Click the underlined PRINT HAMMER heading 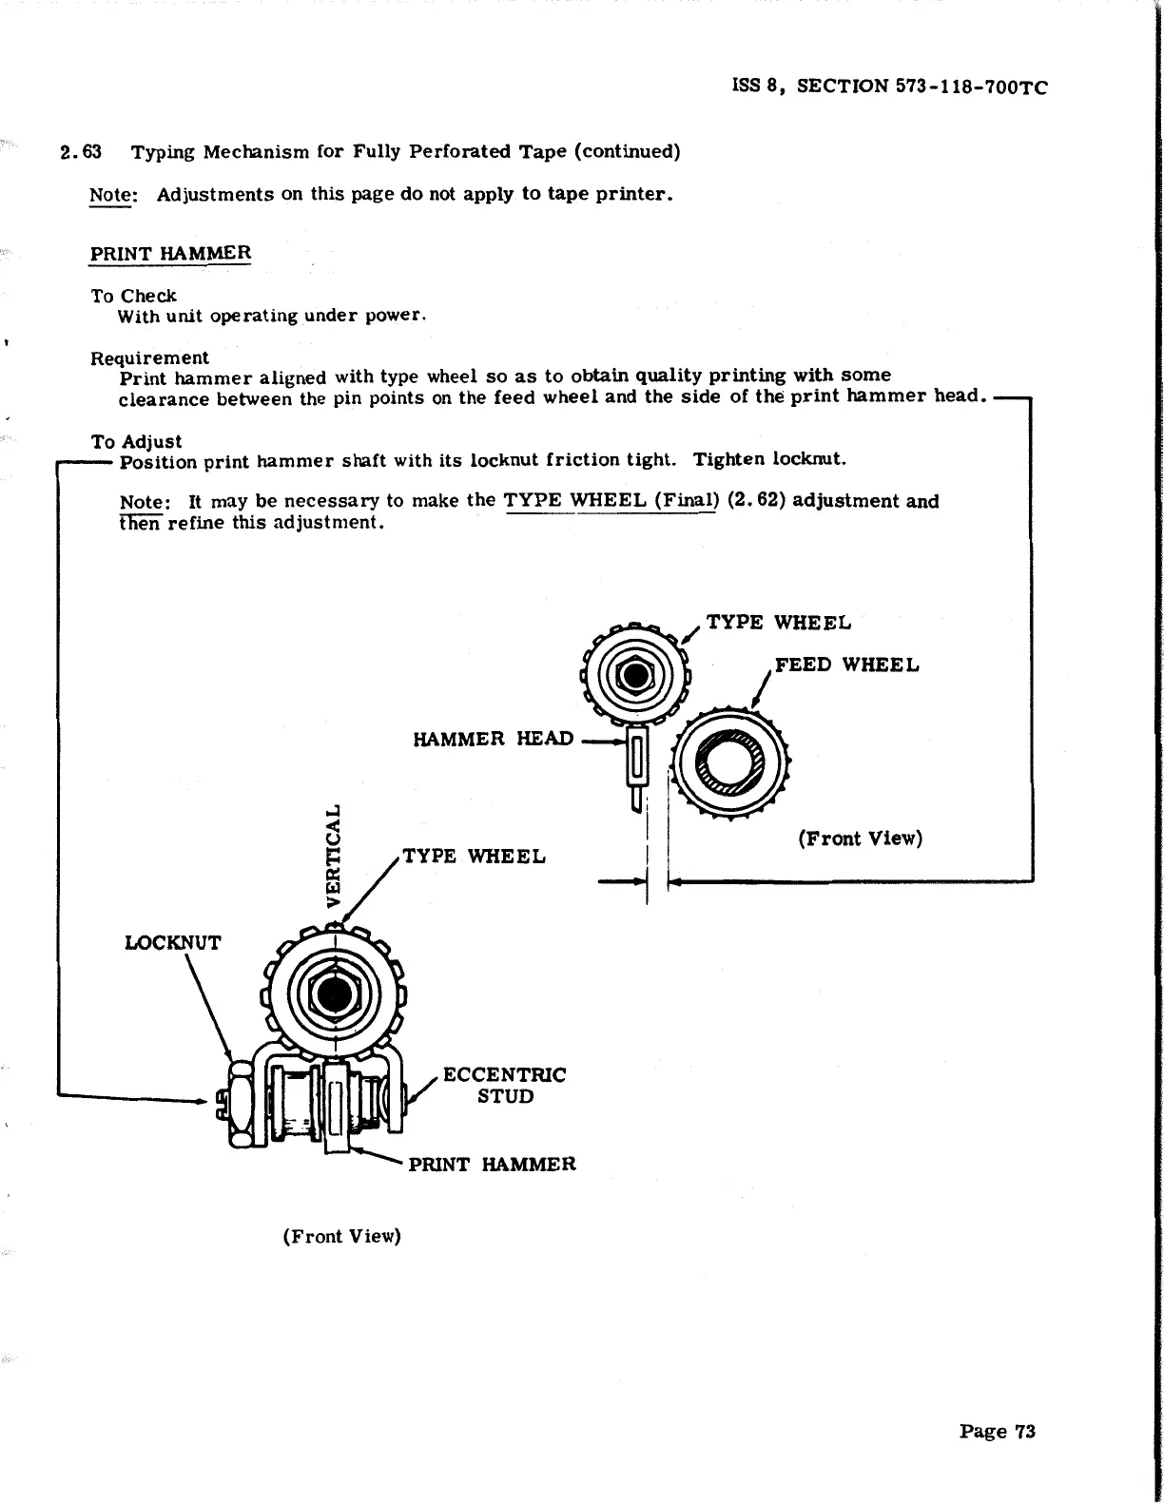point(170,254)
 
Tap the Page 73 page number point(997,1432)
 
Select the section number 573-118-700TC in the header point(971,87)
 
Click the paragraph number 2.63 point(80,152)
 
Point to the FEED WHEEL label point(846,665)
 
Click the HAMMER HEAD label point(494,739)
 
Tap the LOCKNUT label point(173,943)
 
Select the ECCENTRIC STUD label point(504,1086)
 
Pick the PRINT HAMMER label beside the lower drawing point(492,1165)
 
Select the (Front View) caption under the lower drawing point(341,1236)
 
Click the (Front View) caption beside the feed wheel point(861,839)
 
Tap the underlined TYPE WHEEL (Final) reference point(609,501)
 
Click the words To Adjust point(136,442)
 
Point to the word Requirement point(149,358)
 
